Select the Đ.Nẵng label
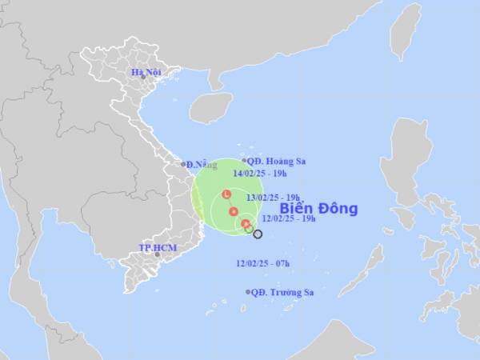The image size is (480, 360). pos(202,165)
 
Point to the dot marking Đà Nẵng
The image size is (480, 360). pos(183,164)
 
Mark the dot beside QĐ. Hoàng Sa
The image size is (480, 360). pos(245,161)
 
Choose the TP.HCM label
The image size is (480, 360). pos(157,248)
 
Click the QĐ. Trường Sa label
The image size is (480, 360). pos(282,292)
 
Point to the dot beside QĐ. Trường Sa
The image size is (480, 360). pos(248,292)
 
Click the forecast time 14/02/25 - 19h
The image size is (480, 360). pos(258,173)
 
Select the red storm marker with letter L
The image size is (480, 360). pos(227,194)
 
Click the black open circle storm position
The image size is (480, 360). pos(258,234)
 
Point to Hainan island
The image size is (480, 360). pos(210,106)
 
